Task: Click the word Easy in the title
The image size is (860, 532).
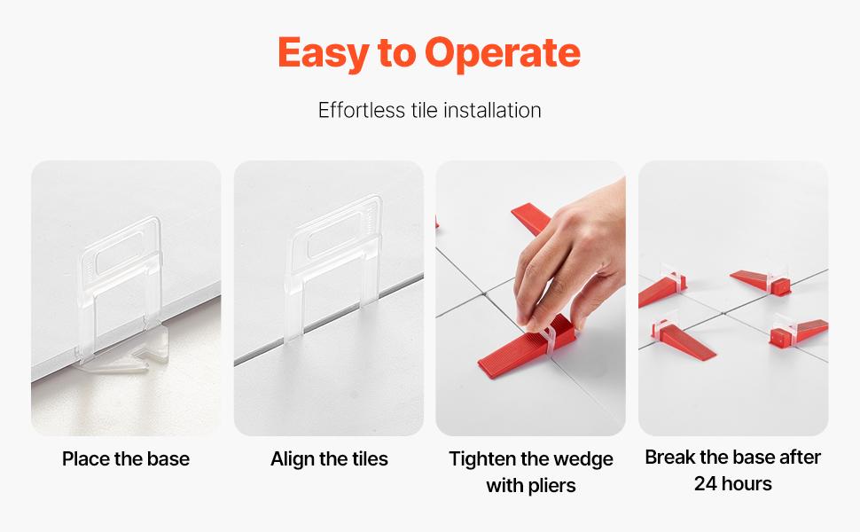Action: [x=323, y=53]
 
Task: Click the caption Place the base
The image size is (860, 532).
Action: [x=126, y=458]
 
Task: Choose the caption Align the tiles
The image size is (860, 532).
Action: [x=329, y=458]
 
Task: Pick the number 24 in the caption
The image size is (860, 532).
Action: [x=706, y=483]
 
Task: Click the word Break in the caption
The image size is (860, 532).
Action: [x=670, y=457]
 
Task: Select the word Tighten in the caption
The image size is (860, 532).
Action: [x=484, y=458]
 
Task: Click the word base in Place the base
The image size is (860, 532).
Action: [x=170, y=458]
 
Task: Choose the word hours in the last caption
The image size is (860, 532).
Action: [x=747, y=483]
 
